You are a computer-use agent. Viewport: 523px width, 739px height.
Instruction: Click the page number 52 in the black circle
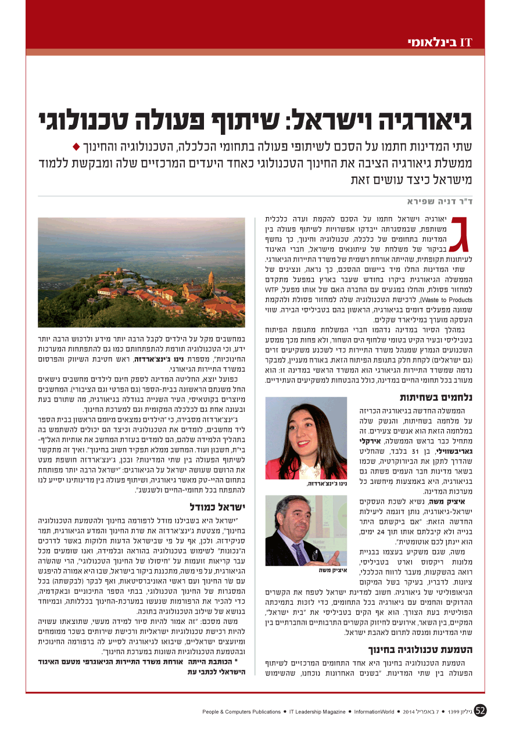click(481, 711)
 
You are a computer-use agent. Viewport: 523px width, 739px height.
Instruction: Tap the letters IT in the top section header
click(465, 42)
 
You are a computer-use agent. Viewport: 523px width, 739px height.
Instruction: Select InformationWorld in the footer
click(374, 712)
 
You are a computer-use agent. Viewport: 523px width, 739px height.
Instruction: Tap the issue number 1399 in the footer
click(456, 712)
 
